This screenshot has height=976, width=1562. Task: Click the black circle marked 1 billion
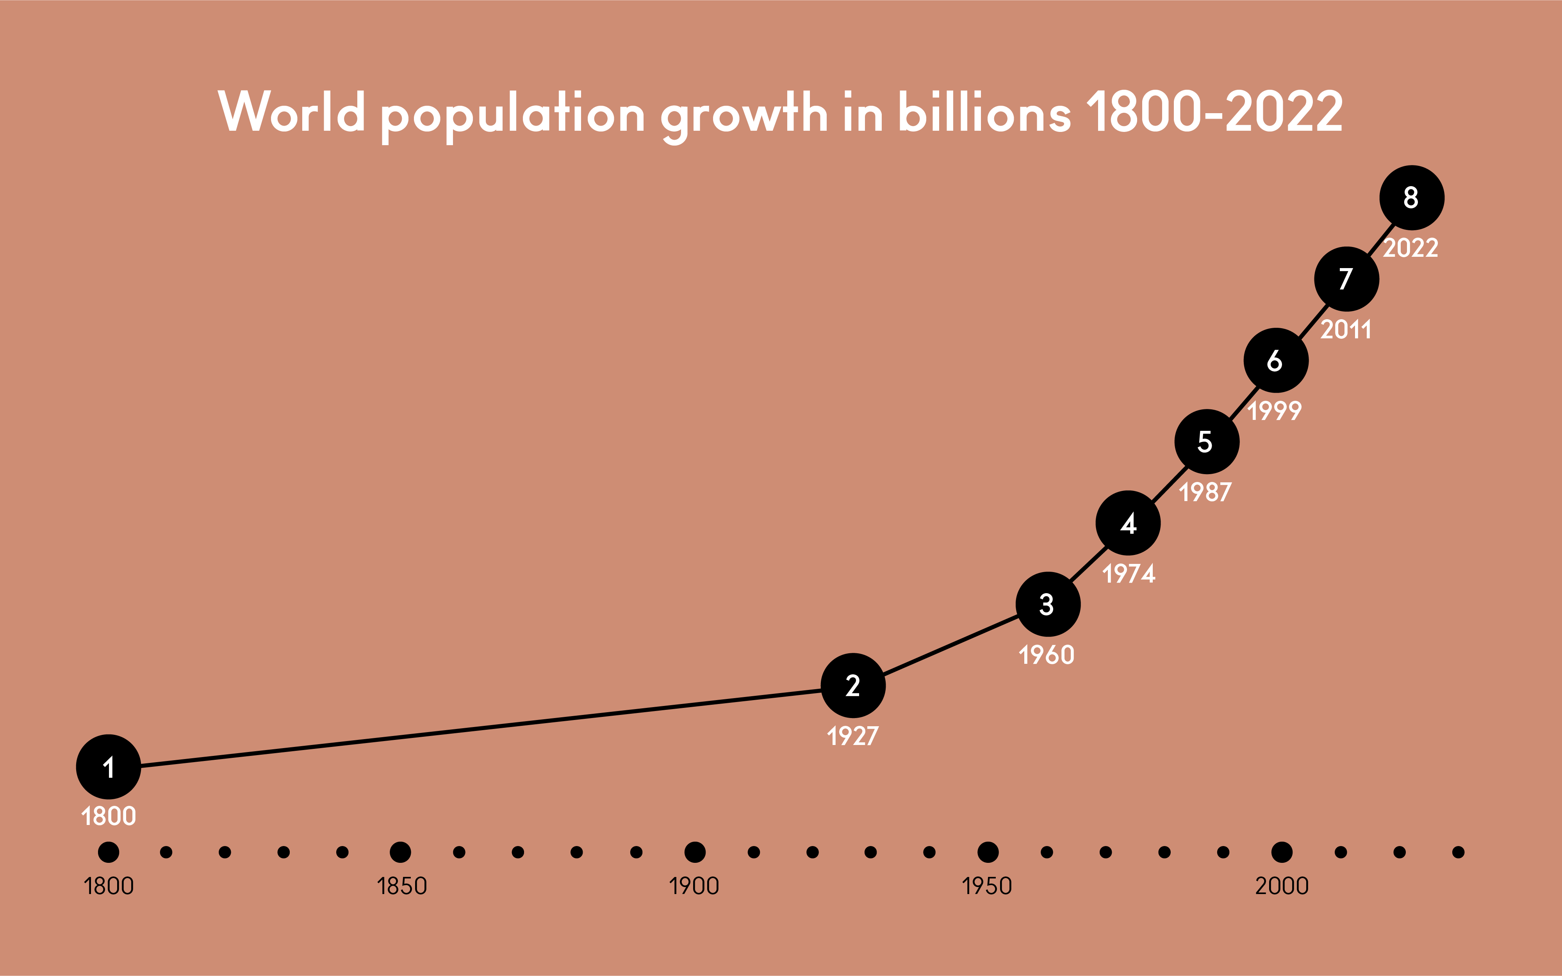[109, 767]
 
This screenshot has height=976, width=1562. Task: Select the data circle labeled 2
[853, 686]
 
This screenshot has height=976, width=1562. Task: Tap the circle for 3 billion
[1047, 604]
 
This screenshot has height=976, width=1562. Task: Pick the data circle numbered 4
[1128, 523]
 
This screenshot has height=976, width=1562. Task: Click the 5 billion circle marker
[1206, 441]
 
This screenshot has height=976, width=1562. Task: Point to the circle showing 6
[1276, 360]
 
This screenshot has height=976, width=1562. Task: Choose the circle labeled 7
[1346, 279]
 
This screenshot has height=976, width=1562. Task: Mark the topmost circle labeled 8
[1412, 197]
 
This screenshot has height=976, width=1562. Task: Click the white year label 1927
[853, 736]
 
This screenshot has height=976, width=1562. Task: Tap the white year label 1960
[1047, 655]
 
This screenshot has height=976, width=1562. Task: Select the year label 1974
[1129, 574]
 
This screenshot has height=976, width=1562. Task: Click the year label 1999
[1275, 411]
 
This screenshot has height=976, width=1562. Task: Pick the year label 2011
[1346, 330]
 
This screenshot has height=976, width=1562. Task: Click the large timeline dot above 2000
[1282, 852]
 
